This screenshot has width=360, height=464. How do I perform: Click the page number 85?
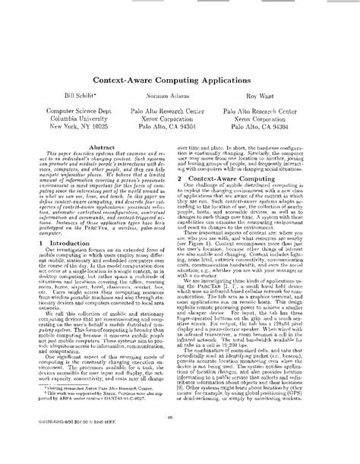pyautogui.click(x=180, y=437)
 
